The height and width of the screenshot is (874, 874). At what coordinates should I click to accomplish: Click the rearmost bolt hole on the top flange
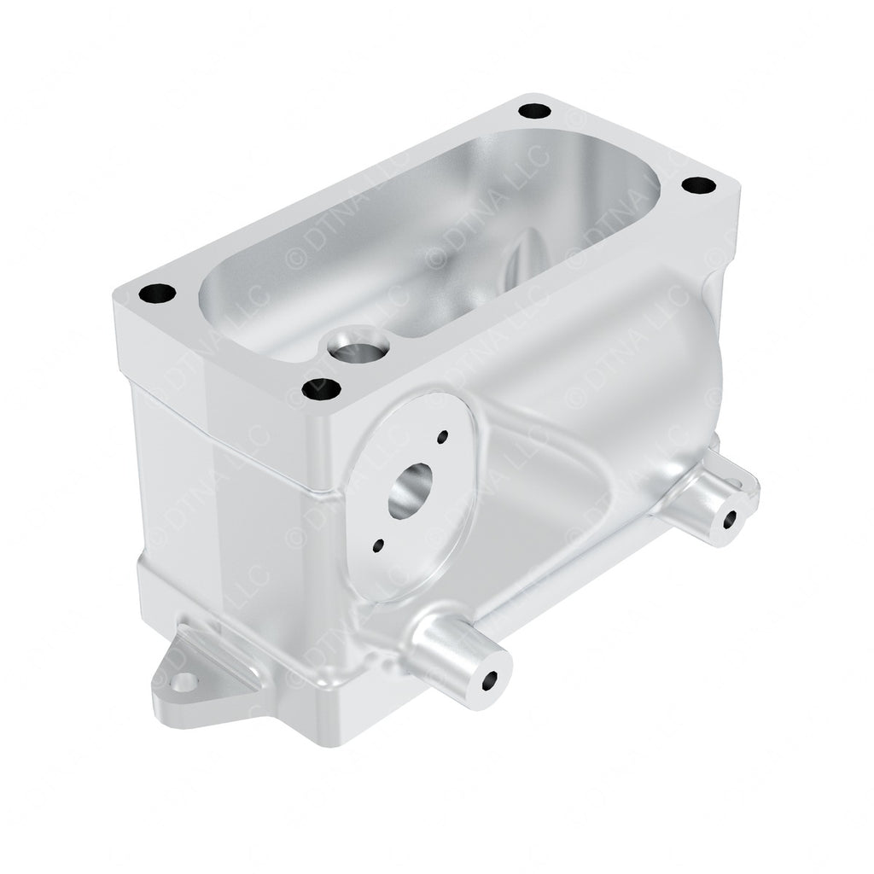[x=534, y=110]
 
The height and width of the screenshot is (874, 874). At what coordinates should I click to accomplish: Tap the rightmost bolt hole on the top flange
[x=698, y=184]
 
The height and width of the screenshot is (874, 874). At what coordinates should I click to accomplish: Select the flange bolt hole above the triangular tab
[x=157, y=294]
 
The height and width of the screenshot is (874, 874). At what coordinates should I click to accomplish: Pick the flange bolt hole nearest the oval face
[x=322, y=390]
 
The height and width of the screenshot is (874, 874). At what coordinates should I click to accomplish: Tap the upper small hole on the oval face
[x=442, y=437]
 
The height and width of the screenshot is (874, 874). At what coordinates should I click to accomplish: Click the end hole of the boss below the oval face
[x=489, y=681]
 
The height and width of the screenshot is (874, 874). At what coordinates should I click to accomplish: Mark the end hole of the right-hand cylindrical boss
[x=731, y=518]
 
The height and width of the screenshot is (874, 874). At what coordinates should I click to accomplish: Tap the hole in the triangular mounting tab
[x=183, y=681]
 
